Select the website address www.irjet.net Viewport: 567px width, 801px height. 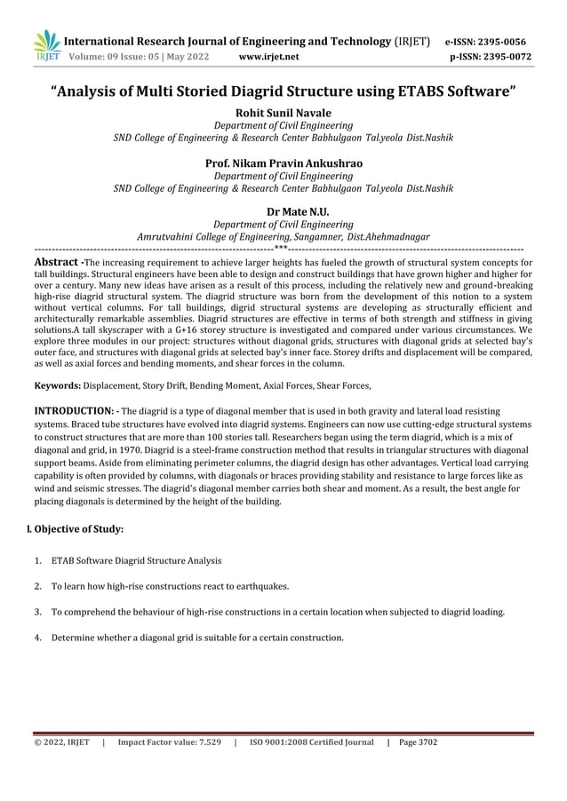(269, 58)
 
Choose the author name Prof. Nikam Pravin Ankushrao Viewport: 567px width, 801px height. (283, 163)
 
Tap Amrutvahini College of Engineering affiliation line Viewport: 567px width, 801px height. (283, 238)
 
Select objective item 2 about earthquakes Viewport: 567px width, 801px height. (170, 587)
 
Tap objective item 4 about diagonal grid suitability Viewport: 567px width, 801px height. (196, 638)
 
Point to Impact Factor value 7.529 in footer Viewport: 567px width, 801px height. (169, 742)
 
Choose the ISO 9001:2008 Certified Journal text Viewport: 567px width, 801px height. (311, 742)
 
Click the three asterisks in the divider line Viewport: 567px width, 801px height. (281, 250)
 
